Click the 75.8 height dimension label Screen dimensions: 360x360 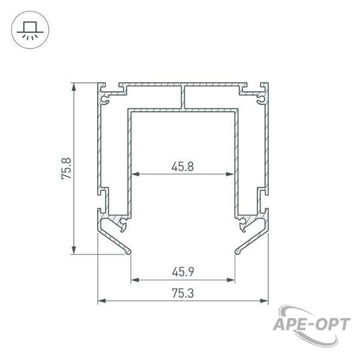(67, 168)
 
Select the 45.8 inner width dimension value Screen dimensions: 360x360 (183, 166)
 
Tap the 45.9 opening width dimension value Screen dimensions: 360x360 (183, 272)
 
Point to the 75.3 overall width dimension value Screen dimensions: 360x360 (183, 293)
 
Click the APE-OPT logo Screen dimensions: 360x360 (312, 326)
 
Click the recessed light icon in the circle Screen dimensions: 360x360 (30, 30)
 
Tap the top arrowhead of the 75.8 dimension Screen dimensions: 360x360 (74, 87)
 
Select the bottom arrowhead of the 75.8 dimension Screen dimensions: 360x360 (74, 250)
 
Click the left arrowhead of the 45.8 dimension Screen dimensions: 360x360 (136, 174)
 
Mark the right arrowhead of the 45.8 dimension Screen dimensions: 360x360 (230, 174)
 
